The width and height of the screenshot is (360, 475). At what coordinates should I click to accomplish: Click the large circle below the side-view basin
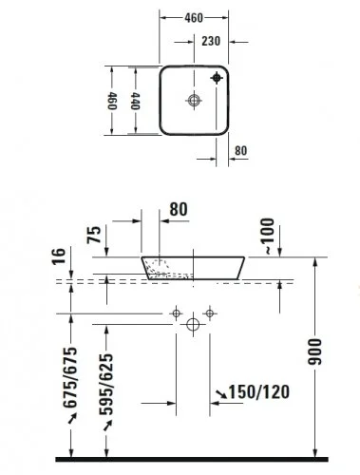click(x=193, y=325)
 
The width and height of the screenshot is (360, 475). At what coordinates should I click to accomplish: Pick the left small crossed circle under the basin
click(x=177, y=312)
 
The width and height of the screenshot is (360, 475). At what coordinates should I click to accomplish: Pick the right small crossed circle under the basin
click(x=209, y=312)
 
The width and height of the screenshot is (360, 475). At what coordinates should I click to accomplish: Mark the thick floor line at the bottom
click(x=190, y=459)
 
